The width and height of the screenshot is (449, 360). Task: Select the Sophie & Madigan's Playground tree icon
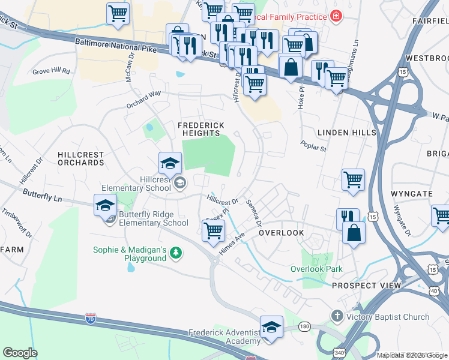tap(175, 253)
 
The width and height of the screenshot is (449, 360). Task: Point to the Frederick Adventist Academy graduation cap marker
tap(272, 328)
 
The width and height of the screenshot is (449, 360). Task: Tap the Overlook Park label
tap(316, 269)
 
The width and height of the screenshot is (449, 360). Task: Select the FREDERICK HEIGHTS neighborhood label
tap(201, 129)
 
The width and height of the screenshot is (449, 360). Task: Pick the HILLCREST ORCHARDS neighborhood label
tap(81, 158)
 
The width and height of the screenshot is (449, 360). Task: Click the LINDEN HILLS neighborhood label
tap(346, 132)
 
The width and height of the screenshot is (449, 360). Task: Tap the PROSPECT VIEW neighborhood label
tap(366, 286)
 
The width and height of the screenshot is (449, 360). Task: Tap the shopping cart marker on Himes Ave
tap(214, 230)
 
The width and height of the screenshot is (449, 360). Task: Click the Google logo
tap(20, 353)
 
